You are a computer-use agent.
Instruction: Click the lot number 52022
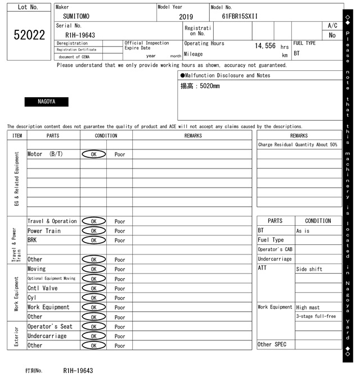pyautogui.click(x=29, y=35)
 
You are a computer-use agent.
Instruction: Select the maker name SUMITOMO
pyautogui.click(x=76, y=16)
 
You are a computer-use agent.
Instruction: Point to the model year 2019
pyautogui.click(x=186, y=17)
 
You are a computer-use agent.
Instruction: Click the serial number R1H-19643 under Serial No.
pyautogui.click(x=80, y=35)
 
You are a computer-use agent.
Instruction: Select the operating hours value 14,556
pyautogui.click(x=265, y=46)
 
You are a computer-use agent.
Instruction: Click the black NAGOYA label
pyautogui.click(x=46, y=102)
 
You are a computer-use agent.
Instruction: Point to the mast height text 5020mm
pyautogui.click(x=200, y=86)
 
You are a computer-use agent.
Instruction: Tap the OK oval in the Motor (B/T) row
pyautogui.click(x=93, y=154)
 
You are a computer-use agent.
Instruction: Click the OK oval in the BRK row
pyautogui.click(x=93, y=240)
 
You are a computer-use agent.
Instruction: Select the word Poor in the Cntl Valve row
pyautogui.click(x=120, y=288)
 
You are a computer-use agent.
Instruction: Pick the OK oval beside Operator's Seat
pyautogui.click(x=93, y=326)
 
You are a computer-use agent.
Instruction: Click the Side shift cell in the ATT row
pyautogui.click(x=309, y=269)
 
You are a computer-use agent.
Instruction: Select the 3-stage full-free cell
pyautogui.click(x=316, y=316)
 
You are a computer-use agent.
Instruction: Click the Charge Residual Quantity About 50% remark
pyautogui.click(x=298, y=144)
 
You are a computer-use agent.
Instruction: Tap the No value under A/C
pyautogui.click(x=332, y=35)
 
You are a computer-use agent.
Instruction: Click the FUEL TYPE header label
pyautogui.click(x=304, y=43)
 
